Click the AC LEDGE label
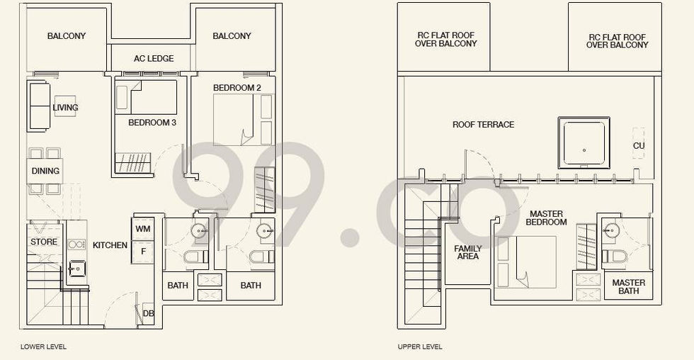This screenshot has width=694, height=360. coord(154,58)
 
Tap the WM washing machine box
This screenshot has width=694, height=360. coord(143,229)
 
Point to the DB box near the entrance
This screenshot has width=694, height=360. coord(148,313)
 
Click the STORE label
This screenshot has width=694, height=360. coord(44,242)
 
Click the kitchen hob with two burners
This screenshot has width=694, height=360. coord(76,244)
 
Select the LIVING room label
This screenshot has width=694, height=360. coord(65,108)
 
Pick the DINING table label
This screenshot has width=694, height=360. coord(45,171)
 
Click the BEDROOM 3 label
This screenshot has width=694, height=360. coord(152,123)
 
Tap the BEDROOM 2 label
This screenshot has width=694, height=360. coord(237,88)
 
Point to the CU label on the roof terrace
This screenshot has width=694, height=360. coord(639,146)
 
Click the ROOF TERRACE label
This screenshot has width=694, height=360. coord(483,125)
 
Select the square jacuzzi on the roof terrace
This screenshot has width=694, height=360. coord(584,142)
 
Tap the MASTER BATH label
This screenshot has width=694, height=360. coord(629,287)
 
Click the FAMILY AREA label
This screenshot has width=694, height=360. coord(468,252)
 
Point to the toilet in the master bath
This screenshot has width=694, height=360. coord(615,257)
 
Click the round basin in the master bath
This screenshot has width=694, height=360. coord(612,230)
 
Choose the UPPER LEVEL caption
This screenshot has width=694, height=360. coord(419,347)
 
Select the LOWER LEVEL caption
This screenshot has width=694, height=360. coord(43,347)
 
